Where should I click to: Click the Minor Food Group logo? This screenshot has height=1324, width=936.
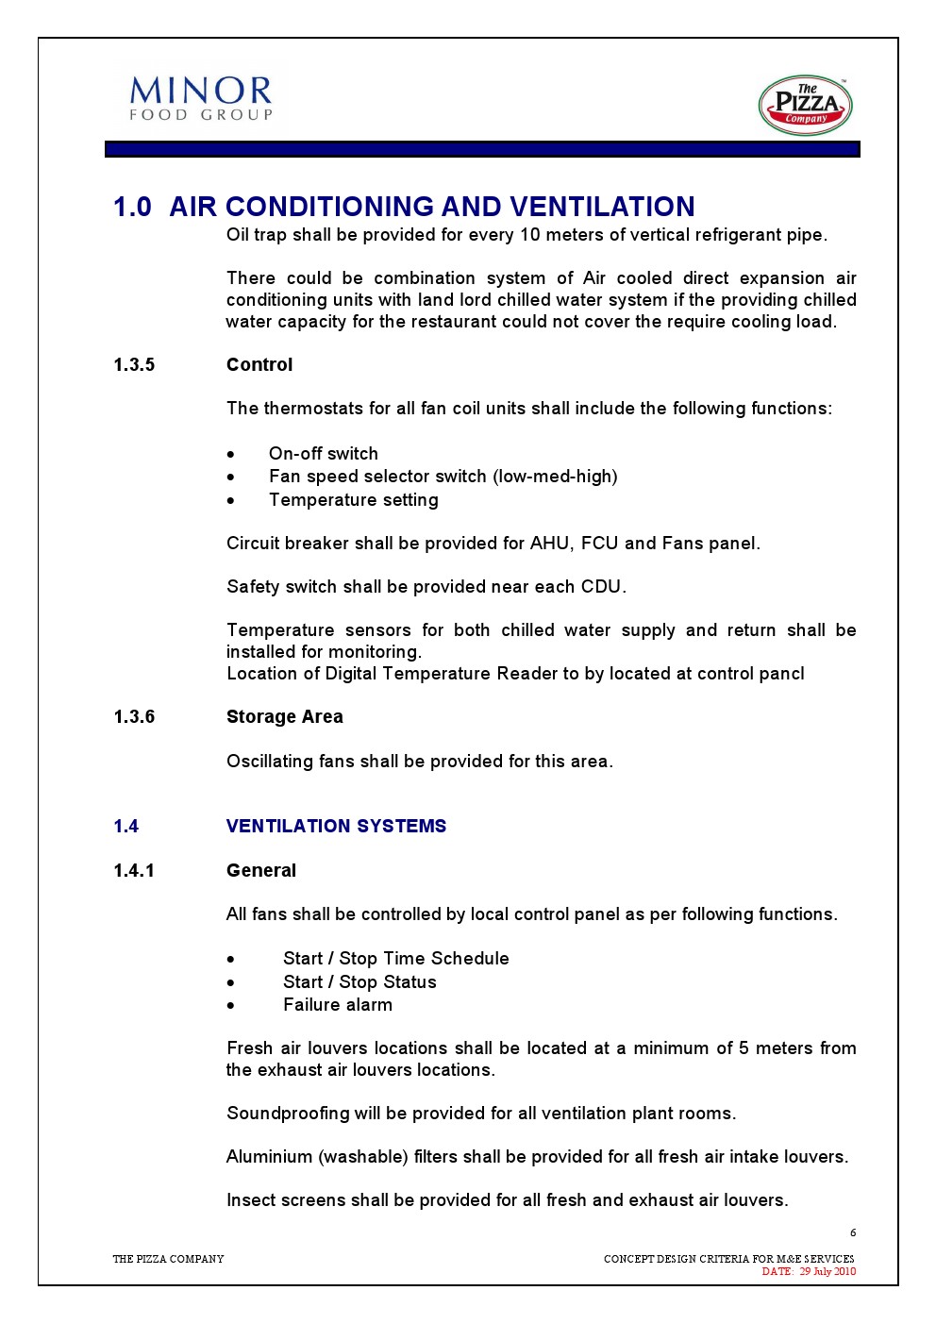tap(201, 99)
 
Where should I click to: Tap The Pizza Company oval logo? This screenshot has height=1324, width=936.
tap(805, 106)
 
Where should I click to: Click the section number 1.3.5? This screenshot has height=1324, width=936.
tap(134, 365)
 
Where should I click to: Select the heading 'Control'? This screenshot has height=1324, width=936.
tap(259, 365)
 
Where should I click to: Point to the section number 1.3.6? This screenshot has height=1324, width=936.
tap(134, 717)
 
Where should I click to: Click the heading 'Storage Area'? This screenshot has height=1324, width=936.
tap(285, 717)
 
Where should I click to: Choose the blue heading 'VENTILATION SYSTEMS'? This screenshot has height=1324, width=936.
tap(336, 827)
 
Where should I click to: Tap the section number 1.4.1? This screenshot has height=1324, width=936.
tap(134, 871)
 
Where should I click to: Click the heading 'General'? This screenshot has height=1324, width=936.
tap(261, 871)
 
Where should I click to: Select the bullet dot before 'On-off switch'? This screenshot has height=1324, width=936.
tap(231, 455)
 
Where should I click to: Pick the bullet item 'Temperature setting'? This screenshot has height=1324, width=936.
tap(353, 500)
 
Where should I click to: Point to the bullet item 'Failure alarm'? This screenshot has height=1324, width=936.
tap(338, 1005)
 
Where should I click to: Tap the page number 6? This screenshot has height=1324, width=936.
tap(853, 1232)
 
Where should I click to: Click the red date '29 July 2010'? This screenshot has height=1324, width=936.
tap(827, 1271)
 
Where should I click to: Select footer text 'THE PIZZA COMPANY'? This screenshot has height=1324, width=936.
tap(169, 1259)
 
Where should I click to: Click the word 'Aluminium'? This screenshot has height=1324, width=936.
tap(269, 1157)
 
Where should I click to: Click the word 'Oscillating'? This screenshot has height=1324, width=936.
tap(268, 762)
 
